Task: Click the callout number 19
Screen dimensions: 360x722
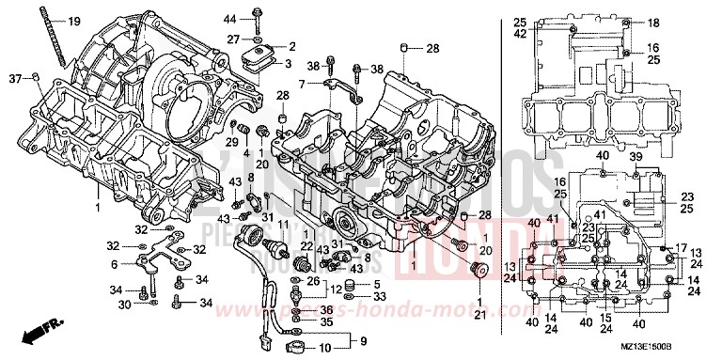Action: [x=74, y=21]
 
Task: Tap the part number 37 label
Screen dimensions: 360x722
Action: [x=15, y=77]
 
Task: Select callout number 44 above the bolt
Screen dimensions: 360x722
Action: [x=229, y=20]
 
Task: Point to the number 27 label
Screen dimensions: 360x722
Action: [x=230, y=39]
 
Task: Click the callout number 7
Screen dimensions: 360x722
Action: [x=303, y=85]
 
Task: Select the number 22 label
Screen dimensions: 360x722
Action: [x=305, y=245]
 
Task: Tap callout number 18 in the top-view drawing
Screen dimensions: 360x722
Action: [x=653, y=23]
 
